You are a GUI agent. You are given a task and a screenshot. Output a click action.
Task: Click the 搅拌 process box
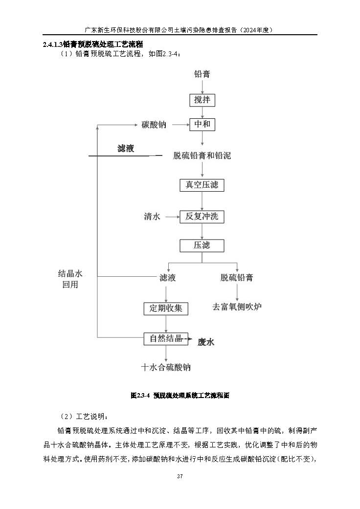pos(202,100)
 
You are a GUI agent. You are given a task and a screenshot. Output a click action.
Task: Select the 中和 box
pos(202,124)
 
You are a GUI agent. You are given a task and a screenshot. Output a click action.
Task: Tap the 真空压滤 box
pos(202,185)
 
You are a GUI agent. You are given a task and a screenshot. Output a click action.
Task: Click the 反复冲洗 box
pos(202,217)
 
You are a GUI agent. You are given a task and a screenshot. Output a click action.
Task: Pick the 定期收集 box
pos(166,309)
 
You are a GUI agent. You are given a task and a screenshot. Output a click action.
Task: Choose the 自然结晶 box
pos(166,338)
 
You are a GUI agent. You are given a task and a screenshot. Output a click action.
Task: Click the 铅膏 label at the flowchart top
pos(202,74)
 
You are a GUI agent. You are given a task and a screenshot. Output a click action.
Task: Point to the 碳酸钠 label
pos(154,125)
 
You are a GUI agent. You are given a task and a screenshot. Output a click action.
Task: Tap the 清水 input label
pos(152,217)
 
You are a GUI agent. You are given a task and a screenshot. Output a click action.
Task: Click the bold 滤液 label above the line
pos(126,149)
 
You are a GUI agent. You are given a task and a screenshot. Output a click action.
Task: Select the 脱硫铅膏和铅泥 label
pos(202,156)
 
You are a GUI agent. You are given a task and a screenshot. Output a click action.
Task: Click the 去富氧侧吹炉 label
pos(237,307)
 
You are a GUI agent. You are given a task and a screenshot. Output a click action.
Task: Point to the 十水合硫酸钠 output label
pos(166,367)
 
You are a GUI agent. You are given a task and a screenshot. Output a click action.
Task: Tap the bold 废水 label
pos(206,342)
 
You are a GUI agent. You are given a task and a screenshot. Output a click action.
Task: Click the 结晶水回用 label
pos(70,279)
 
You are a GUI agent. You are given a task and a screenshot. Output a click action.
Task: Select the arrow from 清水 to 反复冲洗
pos(173,217)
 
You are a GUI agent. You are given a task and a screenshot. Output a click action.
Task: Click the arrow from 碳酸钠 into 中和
pos(181,124)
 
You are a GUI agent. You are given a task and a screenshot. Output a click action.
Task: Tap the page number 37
pos(180,476)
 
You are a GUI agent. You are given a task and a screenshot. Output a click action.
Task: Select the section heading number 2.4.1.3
pos(53,44)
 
